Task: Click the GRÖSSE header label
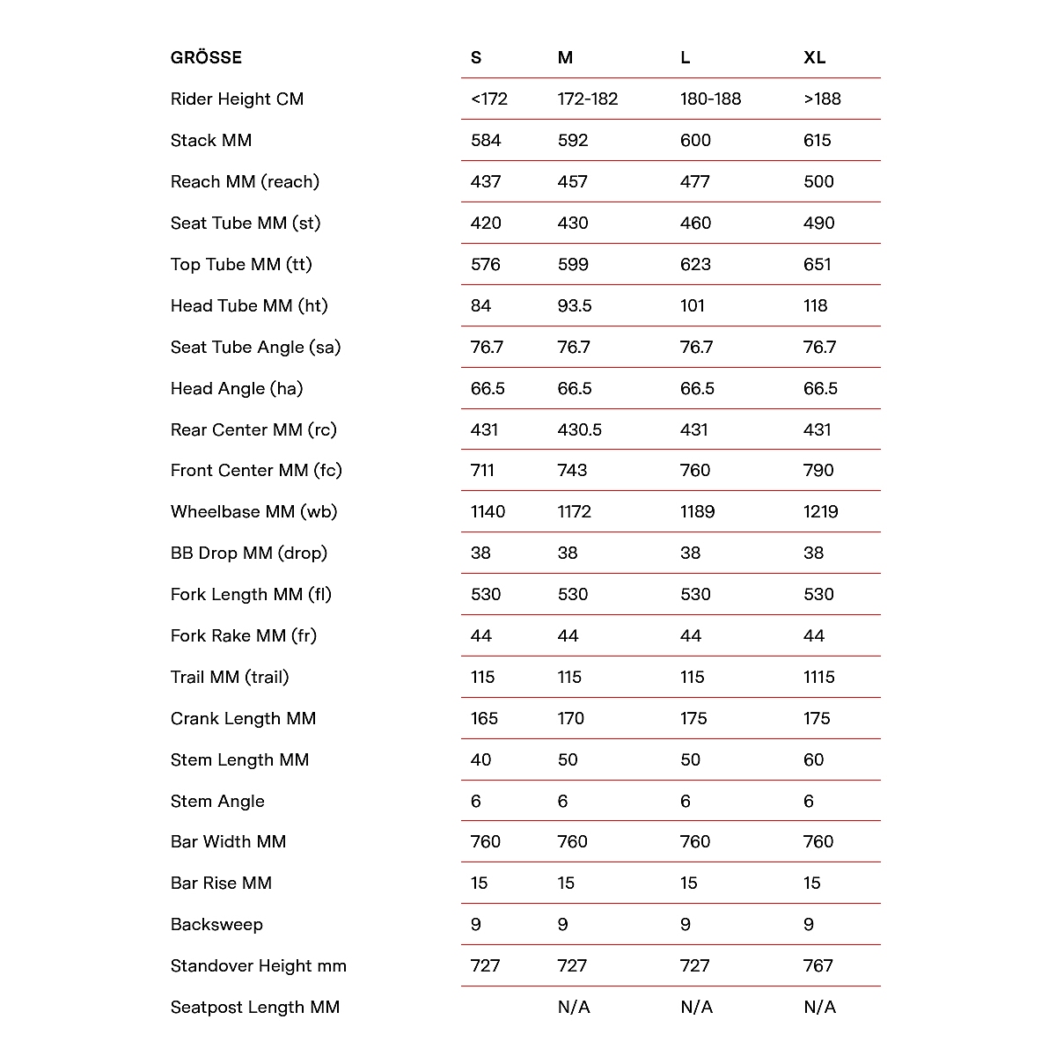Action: pyautogui.click(x=206, y=58)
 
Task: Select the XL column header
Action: pyautogui.click(x=814, y=58)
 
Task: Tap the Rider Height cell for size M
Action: pyautogui.click(x=588, y=99)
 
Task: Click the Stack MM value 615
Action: pyautogui.click(x=817, y=141)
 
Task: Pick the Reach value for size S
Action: pyautogui.click(x=486, y=182)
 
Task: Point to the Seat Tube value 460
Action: pyautogui.click(x=695, y=224)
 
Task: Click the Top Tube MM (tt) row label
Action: pyautogui.click(x=241, y=265)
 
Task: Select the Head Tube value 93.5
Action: pyautogui.click(x=575, y=306)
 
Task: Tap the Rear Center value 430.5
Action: pyautogui.click(x=580, y=430)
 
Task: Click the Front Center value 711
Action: pyautogui.click(x=482, y=471)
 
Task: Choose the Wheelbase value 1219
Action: pyautogui.click(x=820, y=512)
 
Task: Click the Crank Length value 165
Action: pyautogui.click(x=484, y=719)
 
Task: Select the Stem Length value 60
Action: pyautogui.click(x=813, y=760)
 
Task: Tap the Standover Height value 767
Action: pyautogui.click(x=818, y=966)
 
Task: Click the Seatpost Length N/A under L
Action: pyautogui.click(x=696, y=1008)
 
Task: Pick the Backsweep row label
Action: pyautogui.click(x=216, y=925)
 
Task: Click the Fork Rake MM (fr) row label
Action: pyautogui.click(x=243, y=636)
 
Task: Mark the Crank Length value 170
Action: pyautogui.click(x=570, y=719)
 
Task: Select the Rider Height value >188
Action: pyautogui.click(x=822, y=99)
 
